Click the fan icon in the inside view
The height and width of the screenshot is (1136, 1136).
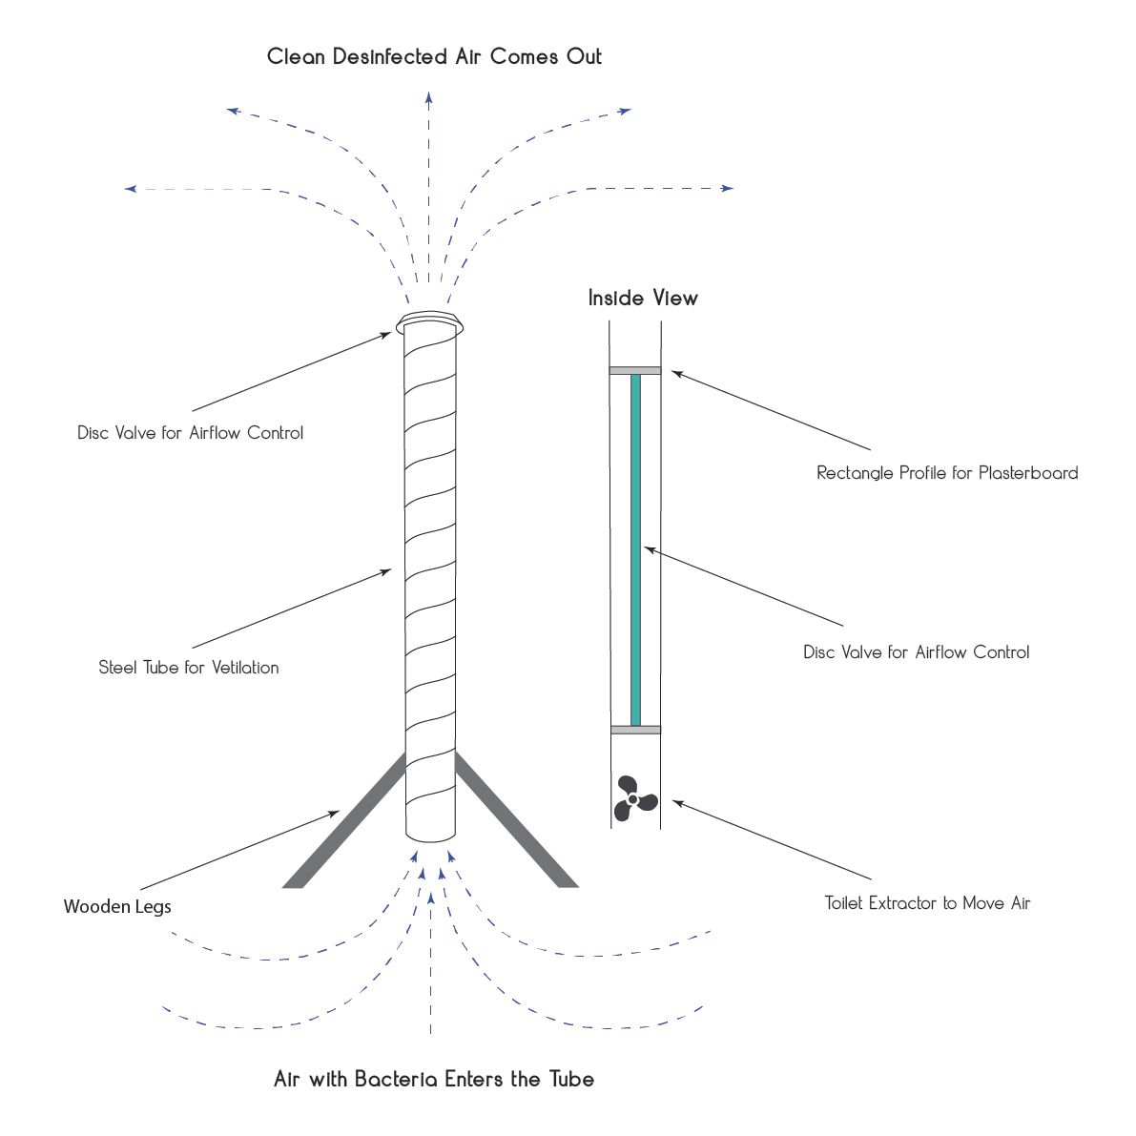tap(635, 798)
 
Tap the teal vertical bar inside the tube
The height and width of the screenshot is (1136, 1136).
tap(635, 550)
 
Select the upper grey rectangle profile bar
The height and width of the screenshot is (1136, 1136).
tap(635, 370)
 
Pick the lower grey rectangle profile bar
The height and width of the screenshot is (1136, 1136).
tap(635, 730)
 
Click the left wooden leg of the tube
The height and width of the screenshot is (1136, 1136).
tap(344, 819)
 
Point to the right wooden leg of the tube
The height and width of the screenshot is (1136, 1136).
tap(517, 819)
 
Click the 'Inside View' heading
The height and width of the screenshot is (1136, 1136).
tap(643, 298)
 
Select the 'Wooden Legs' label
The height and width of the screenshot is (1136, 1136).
tap(117, 906)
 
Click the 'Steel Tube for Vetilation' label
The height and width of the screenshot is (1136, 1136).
tap(188, 668)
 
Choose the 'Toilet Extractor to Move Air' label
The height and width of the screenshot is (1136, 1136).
tap(927, 902)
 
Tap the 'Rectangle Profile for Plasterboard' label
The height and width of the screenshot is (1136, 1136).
tap(947, 472)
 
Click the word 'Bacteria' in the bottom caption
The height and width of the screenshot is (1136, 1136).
tap(396, 1079)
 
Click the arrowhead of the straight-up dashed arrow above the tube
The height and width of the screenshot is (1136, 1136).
tap(429, 97)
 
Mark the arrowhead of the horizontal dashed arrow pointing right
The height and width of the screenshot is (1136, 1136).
tap(728, 188)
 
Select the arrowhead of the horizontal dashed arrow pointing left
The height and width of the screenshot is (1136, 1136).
tap(131, 189)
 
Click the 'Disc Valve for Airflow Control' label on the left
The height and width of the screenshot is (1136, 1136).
tap(190, 432)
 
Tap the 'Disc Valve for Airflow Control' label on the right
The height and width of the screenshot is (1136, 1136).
tap(916, 652)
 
